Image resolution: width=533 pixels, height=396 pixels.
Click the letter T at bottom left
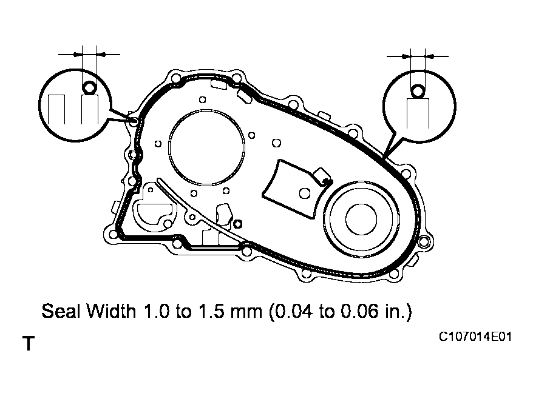(x=28, y=344)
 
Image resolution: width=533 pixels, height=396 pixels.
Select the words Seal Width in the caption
(x=90, y=312)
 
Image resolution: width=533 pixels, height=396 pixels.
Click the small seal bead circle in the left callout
(x=89, y=89)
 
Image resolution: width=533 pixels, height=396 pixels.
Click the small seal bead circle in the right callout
(x=417, y=92)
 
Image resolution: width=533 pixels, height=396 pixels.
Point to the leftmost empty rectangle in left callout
(x=57, y=110)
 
